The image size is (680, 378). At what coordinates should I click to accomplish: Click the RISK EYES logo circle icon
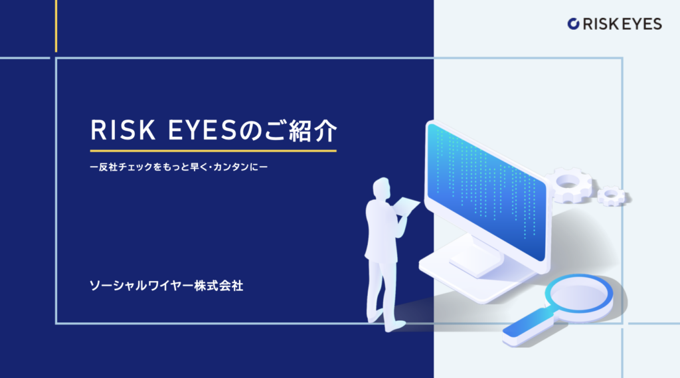coord(573,24)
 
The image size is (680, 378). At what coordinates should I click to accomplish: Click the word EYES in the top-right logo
coord(642,24)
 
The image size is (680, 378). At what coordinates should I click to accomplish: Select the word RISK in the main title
coord(123,130)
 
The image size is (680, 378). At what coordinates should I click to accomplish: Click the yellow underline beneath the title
coord(213,151)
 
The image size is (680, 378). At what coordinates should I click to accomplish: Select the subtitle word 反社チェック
coord(125,167)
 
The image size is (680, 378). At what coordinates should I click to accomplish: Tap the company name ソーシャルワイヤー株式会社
coord(166,286)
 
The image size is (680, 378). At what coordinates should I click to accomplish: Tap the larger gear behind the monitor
coord(569,185)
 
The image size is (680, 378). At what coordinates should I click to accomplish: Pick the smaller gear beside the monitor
coord(612,196)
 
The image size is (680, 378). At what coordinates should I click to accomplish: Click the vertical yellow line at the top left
coord(56,26)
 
